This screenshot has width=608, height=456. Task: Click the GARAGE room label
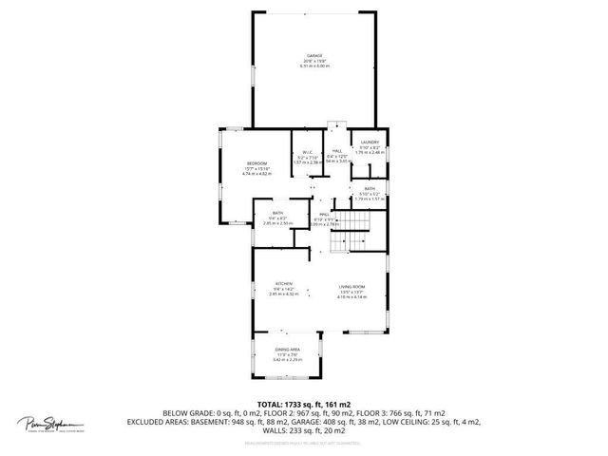coord(313,56)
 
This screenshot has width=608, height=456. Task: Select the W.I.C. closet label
coord(309,152)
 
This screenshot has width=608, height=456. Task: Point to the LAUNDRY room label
coord(370,142)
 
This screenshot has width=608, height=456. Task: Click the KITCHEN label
coord(283,284)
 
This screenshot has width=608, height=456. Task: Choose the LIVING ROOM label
coord(352,287)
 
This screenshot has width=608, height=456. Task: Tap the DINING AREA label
coord(288,350)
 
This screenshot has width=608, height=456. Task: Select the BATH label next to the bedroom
coord(278,213)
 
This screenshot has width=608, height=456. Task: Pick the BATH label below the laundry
coord(370,189)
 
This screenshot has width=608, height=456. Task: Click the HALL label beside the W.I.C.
coord(336,152)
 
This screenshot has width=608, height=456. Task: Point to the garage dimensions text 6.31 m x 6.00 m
coord(313,66)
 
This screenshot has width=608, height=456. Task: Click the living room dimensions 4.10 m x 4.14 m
coord(352,297)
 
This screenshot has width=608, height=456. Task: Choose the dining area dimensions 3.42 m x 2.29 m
coord(288,360)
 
